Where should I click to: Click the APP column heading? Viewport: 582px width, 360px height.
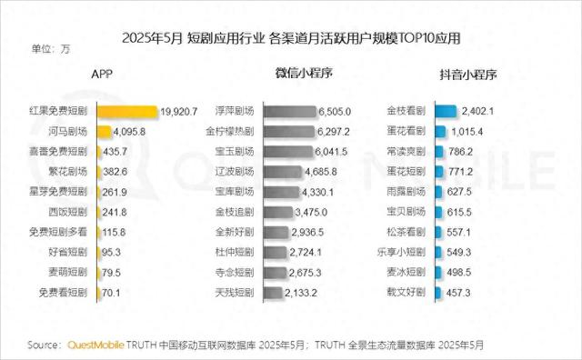[102, 74]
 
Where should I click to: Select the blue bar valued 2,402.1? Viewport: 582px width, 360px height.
[445, 112]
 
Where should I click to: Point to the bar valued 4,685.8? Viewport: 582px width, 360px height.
[284, 172]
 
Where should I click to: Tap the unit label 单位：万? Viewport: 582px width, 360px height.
[51, 49]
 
